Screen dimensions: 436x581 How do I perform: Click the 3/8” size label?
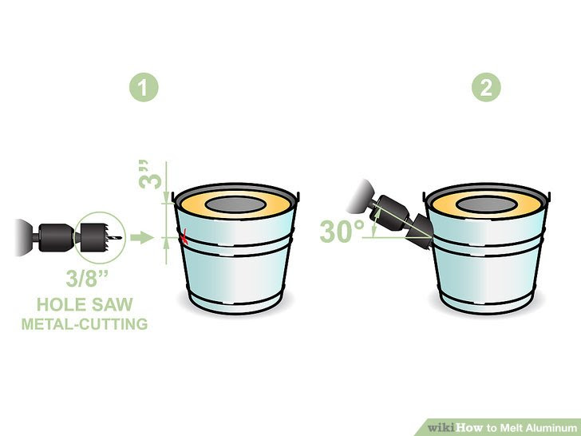[87, 280]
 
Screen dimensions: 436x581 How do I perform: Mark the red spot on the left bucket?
[184, 236]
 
